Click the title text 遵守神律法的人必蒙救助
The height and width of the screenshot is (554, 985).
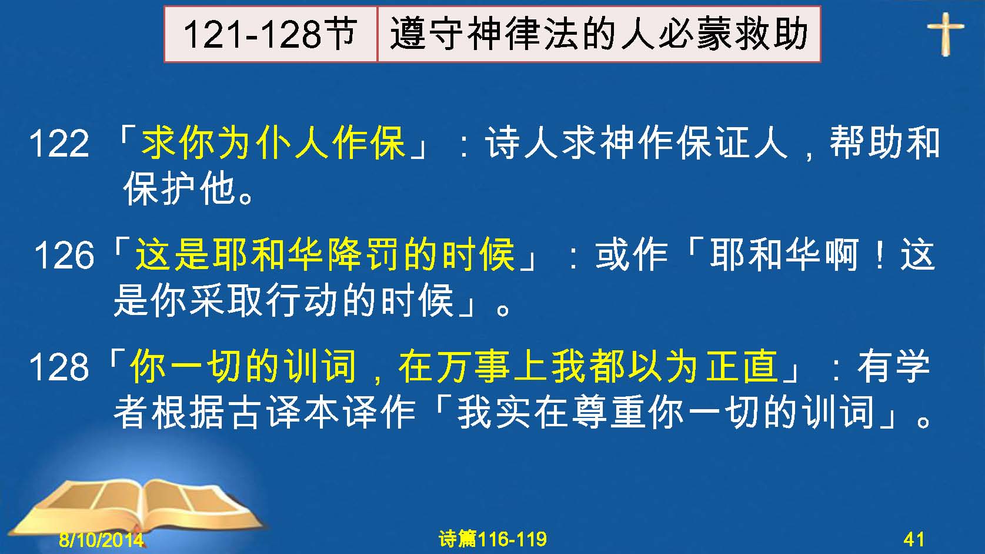[x=599, y=34]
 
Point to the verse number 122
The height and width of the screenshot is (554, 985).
[x=59, y=144]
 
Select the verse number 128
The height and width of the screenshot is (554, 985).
[x=59, y=367]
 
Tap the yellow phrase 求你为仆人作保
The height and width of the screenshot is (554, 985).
[x=273, y=142]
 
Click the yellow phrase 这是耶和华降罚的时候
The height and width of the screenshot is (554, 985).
[x=325, y=254]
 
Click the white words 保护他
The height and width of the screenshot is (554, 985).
[x=179, y=189]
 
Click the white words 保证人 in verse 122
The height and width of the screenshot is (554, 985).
[x=732, y=142]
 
